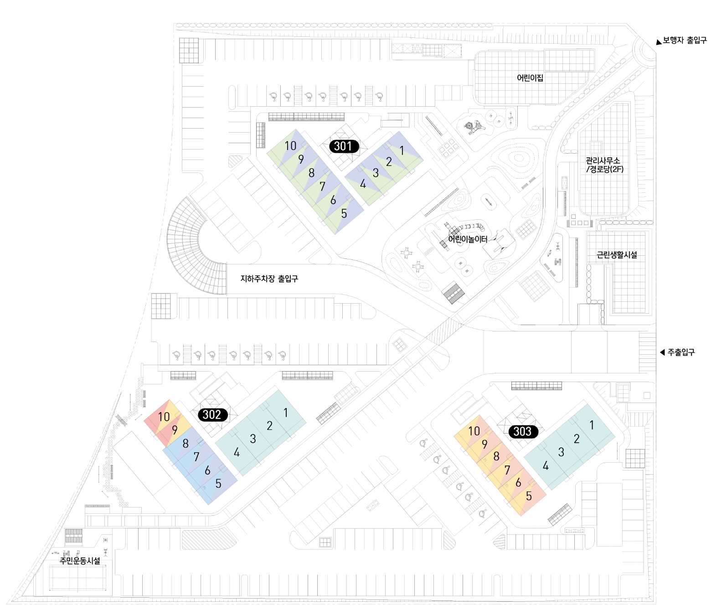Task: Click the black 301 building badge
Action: (344, 146)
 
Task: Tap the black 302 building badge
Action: (212, 414)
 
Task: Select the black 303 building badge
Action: (522, 431)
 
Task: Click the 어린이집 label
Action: (530, 78)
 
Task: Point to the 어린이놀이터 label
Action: (468, 239)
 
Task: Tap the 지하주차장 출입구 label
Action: (269, 279)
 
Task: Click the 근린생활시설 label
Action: (617, 255)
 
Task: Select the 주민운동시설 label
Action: (80, 561)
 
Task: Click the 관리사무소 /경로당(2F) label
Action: (603, 165)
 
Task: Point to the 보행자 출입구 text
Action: (685, 41)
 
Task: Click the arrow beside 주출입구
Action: (662, 352)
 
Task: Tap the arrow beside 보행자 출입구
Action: (659, 42)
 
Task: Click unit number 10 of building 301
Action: (290, 146)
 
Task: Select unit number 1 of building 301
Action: (402, 150)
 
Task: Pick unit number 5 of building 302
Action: (218, 484)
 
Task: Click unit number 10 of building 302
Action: (164, 417)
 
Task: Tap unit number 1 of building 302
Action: (285, 413)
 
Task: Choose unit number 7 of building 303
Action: (507, 470)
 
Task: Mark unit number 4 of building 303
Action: (546, 465)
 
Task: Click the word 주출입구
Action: (681, 352)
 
